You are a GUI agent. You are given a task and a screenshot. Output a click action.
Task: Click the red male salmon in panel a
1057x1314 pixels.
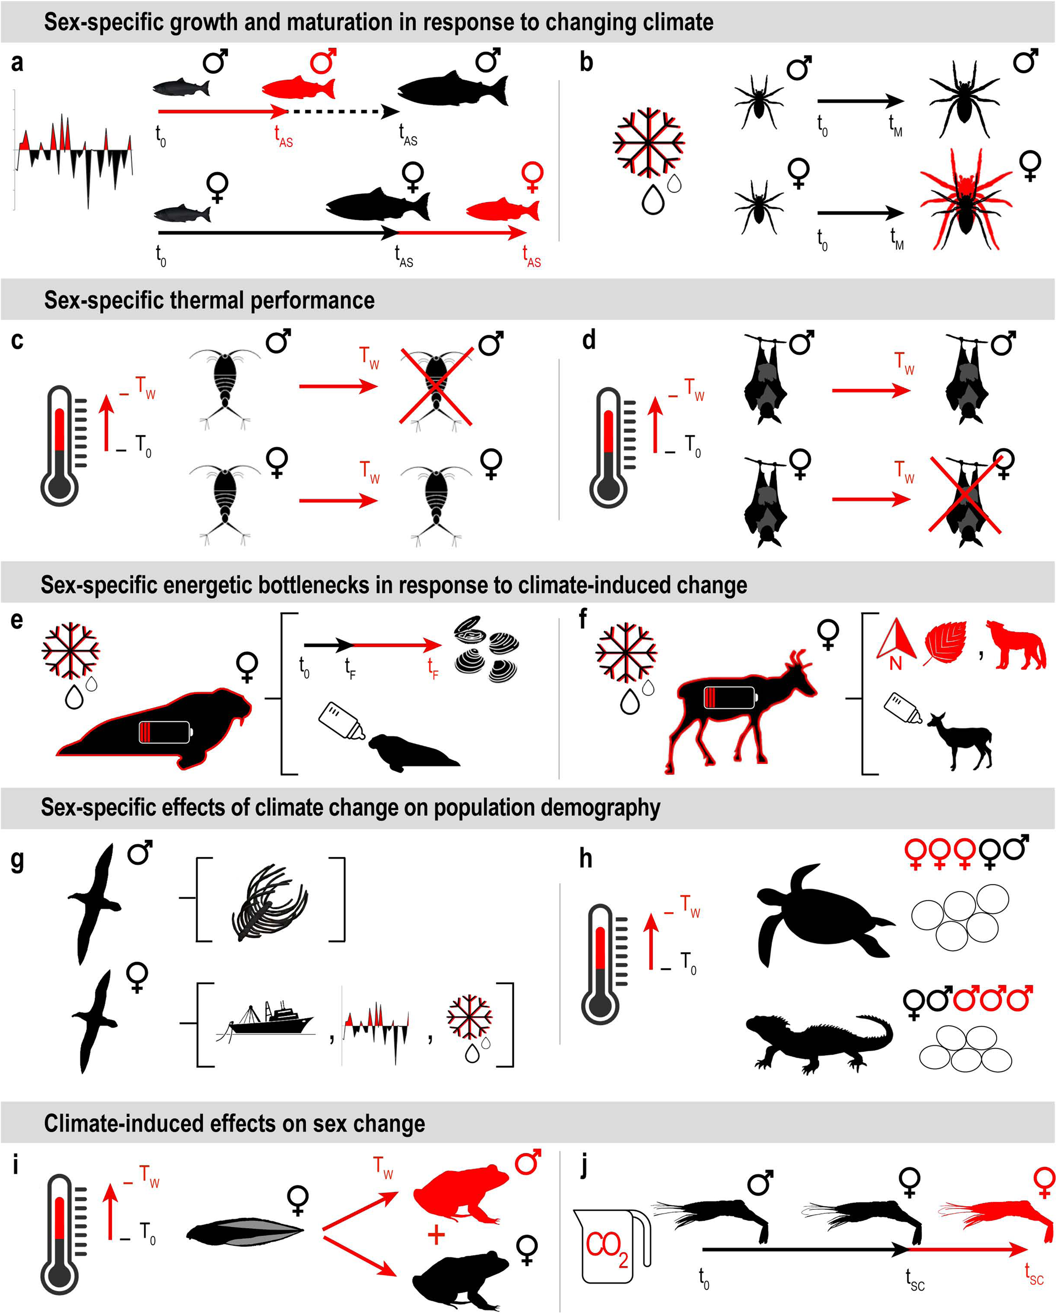pyautogui.click(x=298, y=88)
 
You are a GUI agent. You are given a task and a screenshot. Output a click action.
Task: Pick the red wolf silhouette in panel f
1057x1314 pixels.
pyautogui.click(x=1015, y=645)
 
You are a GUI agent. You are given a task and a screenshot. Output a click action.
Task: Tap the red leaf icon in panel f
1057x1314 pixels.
pyautogui.click(x=945, y=643)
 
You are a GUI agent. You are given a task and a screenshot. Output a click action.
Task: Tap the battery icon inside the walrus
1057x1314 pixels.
pyautogui.click(x=164, y=732)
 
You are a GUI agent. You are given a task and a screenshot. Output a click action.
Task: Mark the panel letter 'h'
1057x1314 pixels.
pyautogui.click(x=585, y=858)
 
